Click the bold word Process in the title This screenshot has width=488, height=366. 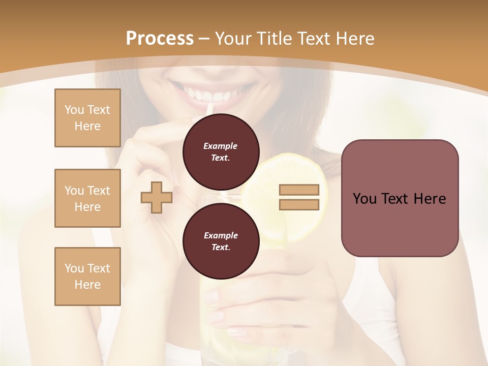tap(160, 38)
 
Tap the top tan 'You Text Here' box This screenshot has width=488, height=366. tap(87, 118)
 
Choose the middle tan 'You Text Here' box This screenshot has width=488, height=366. tap(87, 198)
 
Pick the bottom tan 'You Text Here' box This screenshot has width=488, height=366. tap(87, 277)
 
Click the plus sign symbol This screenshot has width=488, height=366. tap(157, 197)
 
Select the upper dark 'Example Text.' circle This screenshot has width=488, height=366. tap(221, 151)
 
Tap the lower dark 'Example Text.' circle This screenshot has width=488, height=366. tap(221, 241)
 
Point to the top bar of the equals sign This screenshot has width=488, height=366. tap(299, 190)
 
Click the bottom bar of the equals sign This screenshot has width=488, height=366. tap(299, 204)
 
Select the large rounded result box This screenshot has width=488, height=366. tap(400, 198)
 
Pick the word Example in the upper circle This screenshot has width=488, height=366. tap(220, 146)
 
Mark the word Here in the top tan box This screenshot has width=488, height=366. tap(87, 126)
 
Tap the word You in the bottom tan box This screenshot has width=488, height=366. tap(74, 268)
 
